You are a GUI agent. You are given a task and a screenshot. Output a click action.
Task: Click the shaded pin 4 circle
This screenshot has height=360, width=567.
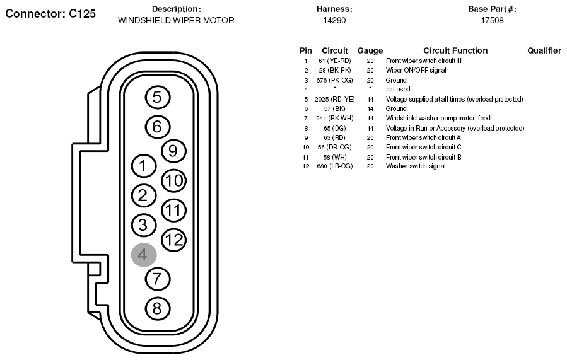coord(144,255)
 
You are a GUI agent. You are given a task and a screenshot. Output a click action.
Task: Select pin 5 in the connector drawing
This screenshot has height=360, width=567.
coord(157,97)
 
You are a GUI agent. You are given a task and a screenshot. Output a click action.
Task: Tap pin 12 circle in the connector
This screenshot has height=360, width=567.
coord(173,240)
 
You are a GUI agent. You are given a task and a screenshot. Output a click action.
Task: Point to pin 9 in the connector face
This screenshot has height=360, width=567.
coord(173,151)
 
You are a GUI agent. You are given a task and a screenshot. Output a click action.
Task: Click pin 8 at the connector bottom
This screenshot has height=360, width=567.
coord(157,309)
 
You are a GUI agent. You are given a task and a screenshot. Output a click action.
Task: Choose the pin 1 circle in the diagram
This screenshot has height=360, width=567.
coord(144,166)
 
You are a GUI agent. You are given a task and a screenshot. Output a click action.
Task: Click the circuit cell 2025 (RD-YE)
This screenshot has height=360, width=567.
coord(334,100)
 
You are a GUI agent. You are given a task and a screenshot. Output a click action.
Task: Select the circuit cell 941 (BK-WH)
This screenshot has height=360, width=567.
coord(334,118)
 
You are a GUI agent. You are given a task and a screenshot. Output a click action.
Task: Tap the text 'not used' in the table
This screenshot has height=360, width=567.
coord(398,90)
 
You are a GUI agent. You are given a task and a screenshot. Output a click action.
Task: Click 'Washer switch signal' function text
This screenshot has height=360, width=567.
coord(416,166)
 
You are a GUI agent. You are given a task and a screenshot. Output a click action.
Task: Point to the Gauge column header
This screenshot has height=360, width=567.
coord(370,51)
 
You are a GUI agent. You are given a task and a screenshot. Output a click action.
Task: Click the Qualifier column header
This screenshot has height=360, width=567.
coord(544,50)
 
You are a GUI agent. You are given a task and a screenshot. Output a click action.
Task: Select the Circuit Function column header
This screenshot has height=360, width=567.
coord(455,50)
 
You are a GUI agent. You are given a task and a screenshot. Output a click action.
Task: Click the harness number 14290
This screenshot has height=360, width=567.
coord(334,20)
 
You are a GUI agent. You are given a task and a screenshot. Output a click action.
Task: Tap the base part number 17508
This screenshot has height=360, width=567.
coord(492,20)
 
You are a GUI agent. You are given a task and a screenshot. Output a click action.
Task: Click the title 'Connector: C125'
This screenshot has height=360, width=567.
coord(50,14)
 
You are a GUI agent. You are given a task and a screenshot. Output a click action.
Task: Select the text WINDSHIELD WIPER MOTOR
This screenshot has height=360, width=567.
coord(176,20)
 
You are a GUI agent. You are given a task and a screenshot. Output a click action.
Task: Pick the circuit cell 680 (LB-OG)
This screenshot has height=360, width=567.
coord(334,166)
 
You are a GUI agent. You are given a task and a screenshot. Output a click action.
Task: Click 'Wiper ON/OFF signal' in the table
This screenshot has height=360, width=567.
coord(416,70)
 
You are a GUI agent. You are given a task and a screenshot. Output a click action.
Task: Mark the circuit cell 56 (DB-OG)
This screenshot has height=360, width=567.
coord(334,147)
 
